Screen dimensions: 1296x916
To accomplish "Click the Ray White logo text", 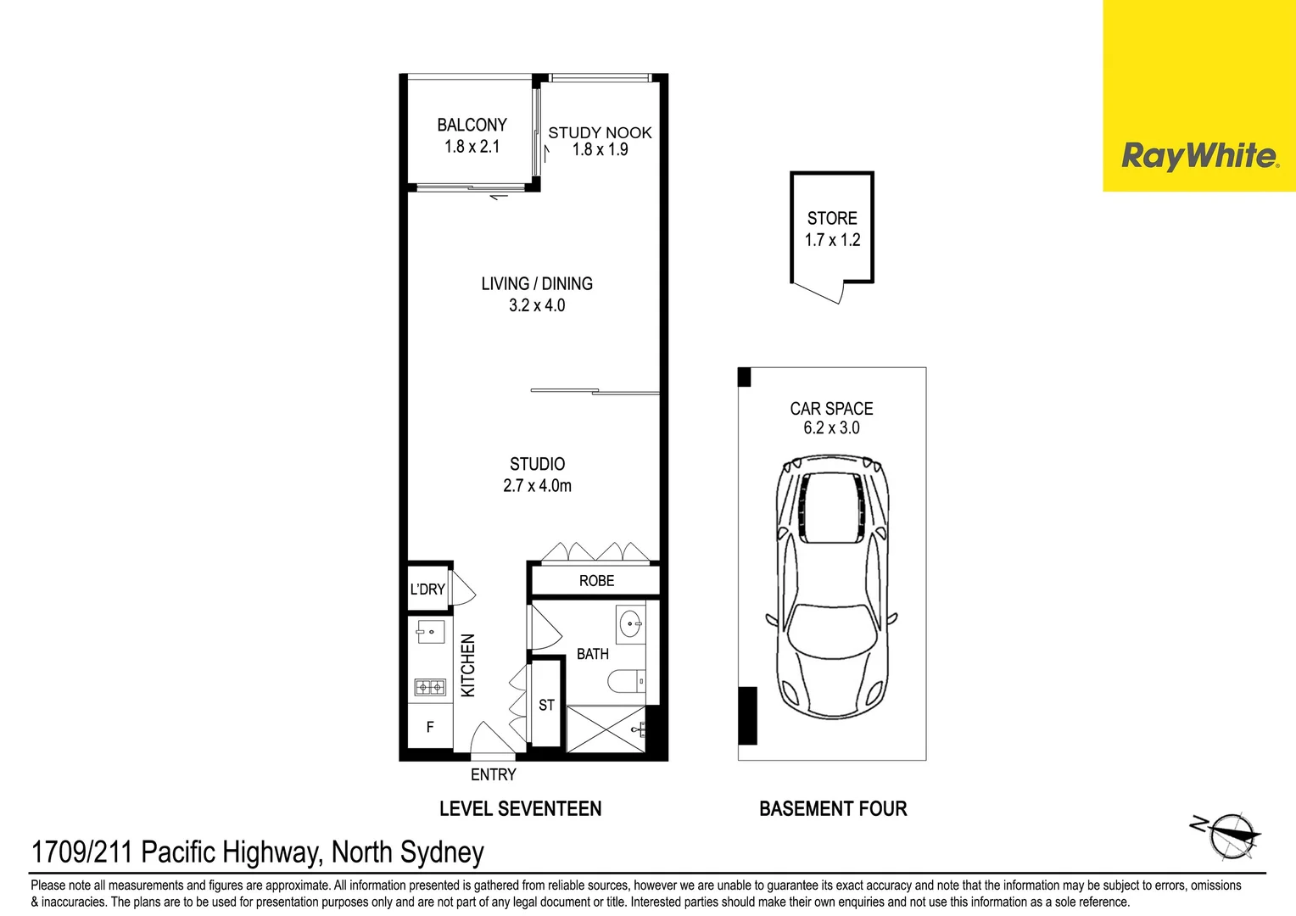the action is [x=1200, y=156].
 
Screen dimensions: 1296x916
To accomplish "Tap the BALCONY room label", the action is [x=472, y=125].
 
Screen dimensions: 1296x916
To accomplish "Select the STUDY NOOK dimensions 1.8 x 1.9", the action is [x=600, y=150].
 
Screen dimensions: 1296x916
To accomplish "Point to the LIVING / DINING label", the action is [x=537, y=283].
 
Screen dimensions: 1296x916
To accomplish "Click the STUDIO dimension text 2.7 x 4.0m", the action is [x=537, y=485].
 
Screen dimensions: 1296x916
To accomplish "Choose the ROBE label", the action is [x=596, y=580].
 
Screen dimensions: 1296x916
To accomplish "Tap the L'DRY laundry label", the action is [x=427, y=589].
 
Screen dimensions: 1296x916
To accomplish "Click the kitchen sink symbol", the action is [x=431, y=631].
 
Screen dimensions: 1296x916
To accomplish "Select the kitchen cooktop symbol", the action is [x=431, y=688].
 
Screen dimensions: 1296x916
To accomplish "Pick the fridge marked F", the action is [x=430, y=727].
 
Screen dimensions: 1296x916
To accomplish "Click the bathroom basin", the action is [x=630, y=623].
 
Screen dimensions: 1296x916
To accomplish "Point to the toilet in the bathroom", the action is [x=627, y=681].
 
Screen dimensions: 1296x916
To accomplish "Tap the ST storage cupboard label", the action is [x=546, y=705].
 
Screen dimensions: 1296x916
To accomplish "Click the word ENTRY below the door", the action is [x=493, y=775].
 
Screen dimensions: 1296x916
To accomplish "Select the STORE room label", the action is [x=832, y=218].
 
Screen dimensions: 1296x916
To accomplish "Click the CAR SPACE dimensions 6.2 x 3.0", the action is [x=831, y=428].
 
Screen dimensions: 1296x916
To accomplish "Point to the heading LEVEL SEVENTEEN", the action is [x=520, y=808].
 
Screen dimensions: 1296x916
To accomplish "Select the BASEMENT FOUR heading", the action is [x=833, y=808].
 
